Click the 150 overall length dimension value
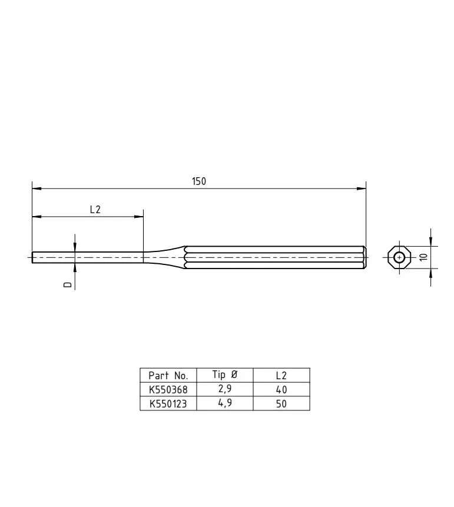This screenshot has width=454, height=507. (x=199, y=181)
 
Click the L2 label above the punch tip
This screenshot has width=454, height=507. (x=95, y=210)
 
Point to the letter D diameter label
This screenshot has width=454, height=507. (x=67, y=284)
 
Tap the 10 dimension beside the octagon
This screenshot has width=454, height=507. (x=423, y=257)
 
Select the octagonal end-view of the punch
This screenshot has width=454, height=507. (x=399, y=257)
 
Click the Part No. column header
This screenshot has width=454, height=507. (x=168, y=376)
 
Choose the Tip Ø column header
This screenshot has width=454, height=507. (x=225, y=375)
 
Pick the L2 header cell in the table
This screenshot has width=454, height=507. (x=281, y=376)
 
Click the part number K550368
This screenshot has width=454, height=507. (x=168, y=390)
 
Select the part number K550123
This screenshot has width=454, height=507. (x=168, y=404)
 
